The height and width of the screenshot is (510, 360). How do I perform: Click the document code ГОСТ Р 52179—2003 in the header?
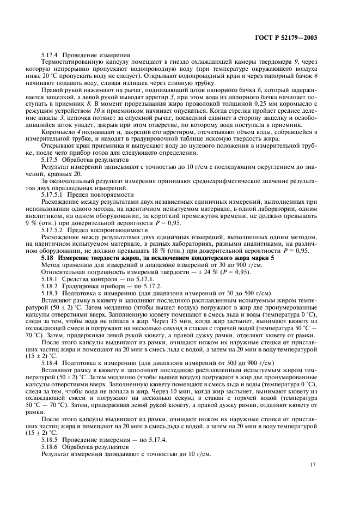point(286,39)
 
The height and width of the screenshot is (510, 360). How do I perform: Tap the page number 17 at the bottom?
point(313,464)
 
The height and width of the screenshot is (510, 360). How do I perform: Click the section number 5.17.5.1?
point(53,193)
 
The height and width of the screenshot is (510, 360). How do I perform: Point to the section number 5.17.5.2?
point(53,223)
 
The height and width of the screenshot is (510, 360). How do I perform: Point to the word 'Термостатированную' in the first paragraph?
point(71,63)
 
